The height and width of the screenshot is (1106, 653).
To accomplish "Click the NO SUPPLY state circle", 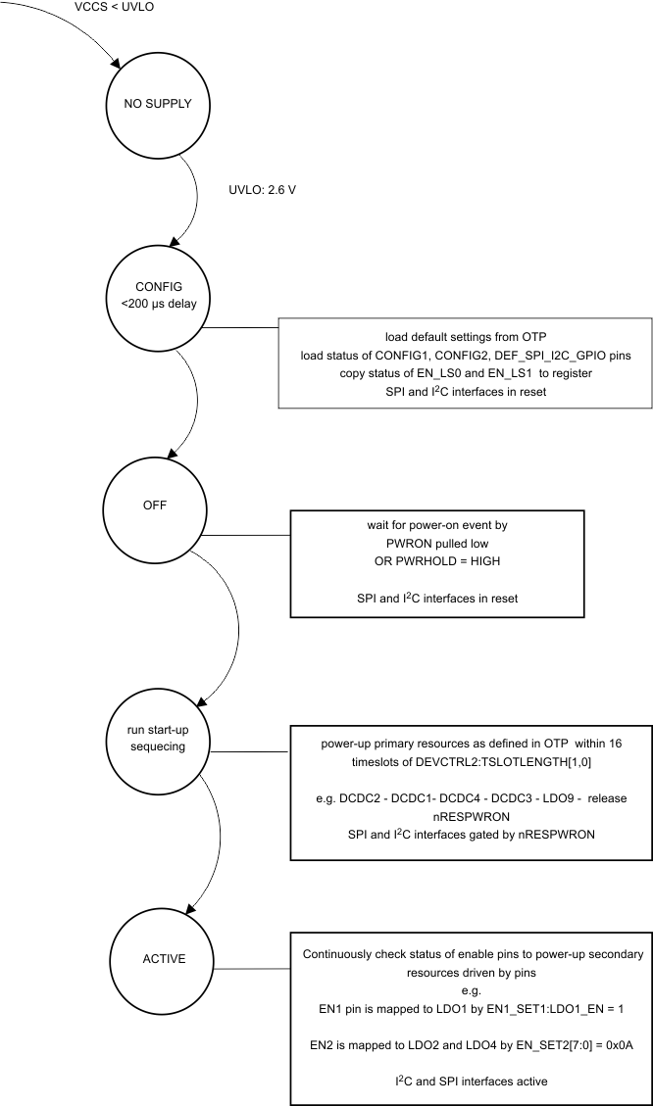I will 151,104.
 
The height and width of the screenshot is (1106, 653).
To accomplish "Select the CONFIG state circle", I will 152,293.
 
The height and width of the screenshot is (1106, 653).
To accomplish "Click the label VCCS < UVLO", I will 115,8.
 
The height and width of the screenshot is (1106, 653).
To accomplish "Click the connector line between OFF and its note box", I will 244,536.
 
